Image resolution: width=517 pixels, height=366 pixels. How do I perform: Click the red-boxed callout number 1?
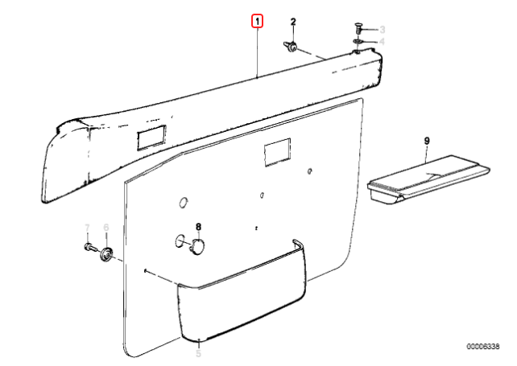[257, 22]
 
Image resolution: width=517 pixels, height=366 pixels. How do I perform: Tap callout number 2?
[293, 22]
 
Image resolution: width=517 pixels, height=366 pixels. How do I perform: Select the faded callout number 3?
[383, 30]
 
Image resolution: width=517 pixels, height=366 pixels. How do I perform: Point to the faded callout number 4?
[383, 42]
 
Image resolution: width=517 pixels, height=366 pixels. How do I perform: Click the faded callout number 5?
[198, 353]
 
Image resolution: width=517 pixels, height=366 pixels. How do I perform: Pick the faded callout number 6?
[106, 228]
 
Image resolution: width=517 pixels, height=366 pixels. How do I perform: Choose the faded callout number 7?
[87, 228]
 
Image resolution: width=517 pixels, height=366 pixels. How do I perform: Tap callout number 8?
[198, 227]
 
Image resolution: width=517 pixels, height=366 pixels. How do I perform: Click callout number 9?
[427, 141]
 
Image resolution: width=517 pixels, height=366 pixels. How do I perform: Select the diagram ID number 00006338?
[482, 346]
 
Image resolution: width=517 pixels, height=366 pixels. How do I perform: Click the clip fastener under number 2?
[290, 47]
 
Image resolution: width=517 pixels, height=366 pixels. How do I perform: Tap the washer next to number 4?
[358, 42]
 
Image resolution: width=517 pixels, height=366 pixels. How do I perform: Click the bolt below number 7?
[89, 247]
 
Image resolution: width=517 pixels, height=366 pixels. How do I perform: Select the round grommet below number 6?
[106, 254]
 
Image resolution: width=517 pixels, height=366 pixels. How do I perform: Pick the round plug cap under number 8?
[197, 246]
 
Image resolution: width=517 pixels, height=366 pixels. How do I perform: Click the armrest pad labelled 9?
[428, 179]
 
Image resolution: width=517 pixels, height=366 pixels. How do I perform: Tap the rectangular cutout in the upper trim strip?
[151, 137]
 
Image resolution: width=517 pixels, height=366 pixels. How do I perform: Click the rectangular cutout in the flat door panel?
[278, 152]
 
